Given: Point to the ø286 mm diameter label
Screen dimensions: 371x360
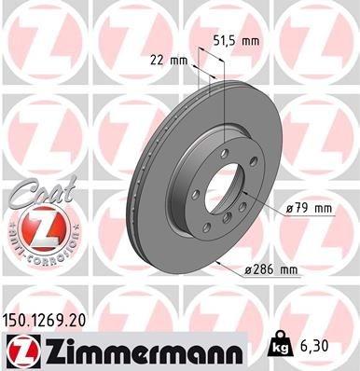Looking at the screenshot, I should [270, 270].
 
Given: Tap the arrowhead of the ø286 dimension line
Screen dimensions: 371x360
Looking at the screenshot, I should [215, 264].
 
